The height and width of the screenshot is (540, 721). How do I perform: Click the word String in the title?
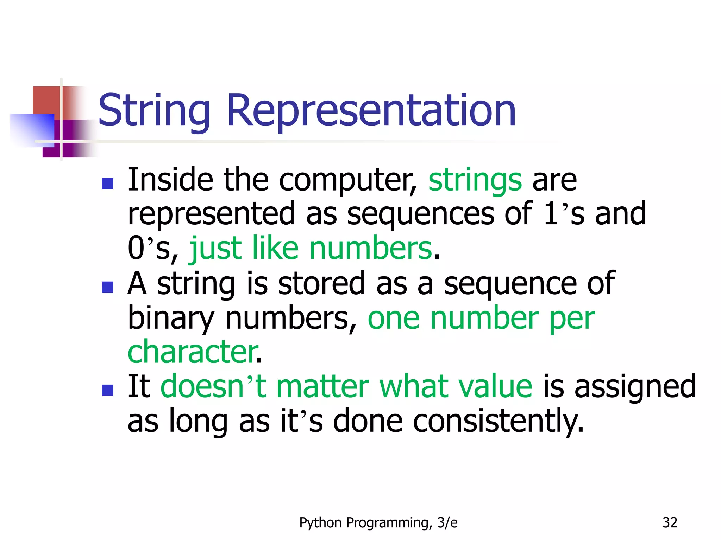(x=154, y=111)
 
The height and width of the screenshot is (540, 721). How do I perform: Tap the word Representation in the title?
(x=371, y=111)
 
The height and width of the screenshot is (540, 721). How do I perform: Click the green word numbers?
(x=370, y=249)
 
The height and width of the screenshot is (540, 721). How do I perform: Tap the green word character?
(x=193, y=352)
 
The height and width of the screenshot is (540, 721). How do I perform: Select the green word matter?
(x=322, y=387)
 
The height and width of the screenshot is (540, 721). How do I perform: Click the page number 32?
(x=670, y=523)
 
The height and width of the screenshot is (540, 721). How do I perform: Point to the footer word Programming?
(x=389, y=523)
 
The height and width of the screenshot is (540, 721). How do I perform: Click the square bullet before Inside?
(x=107, y=184)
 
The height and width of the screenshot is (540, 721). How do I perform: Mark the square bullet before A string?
(x=107, y=287)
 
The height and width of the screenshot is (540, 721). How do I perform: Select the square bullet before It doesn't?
(x=107, y=390)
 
